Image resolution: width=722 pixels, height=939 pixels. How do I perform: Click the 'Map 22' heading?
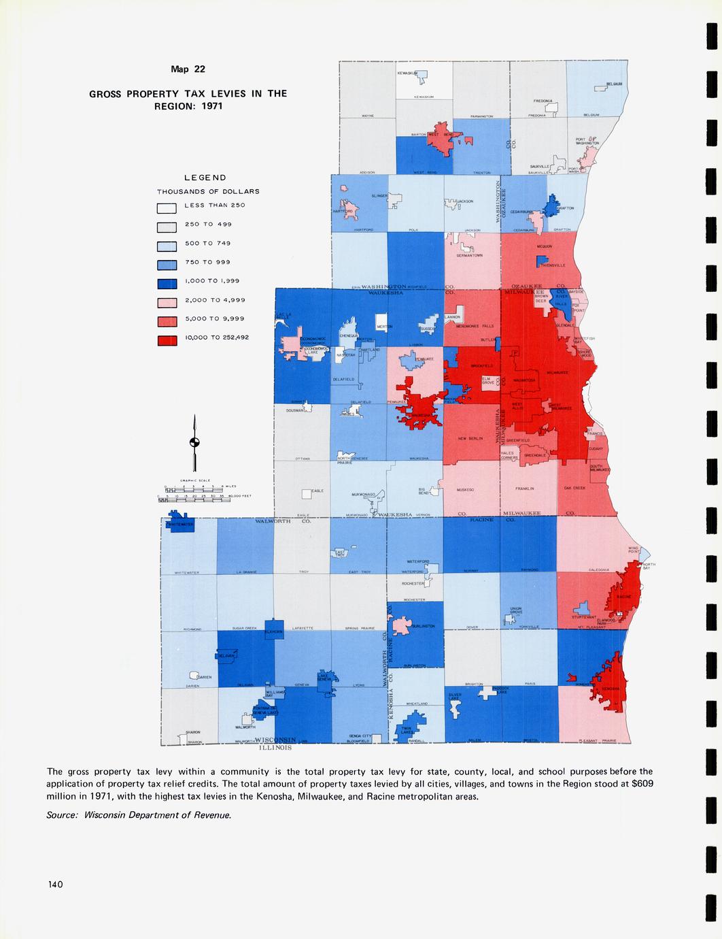[x=188, y=69]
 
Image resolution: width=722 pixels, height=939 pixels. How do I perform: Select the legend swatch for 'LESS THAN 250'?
[x=167, y=208]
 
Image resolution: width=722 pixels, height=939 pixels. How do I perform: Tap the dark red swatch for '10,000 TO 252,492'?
[x=167, y=340]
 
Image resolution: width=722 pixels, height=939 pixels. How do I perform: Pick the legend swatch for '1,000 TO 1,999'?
[x=167, y=284]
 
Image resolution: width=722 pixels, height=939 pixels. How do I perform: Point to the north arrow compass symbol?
[x=195, y=443]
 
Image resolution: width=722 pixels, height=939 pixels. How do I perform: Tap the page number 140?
[x=55, y=885]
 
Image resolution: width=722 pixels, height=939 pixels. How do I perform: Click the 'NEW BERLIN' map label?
[x=470, y=439]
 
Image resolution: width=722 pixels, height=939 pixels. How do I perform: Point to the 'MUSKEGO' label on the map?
[x=466, y=489]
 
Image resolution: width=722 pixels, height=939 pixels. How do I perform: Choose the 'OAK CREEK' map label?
[x=574, y=488]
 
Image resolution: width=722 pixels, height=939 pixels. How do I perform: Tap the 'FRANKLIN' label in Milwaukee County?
[x=524, y=489]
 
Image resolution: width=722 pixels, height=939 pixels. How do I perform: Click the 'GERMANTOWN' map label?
[x=469, y=255]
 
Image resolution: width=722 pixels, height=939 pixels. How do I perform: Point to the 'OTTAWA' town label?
[x=303, y=459]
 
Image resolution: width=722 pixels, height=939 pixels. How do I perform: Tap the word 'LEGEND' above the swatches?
[x=201, y=178]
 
